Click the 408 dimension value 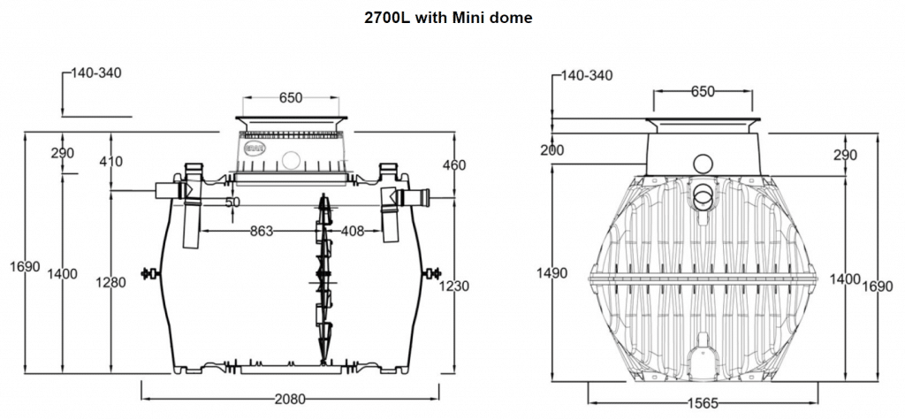click(x=353, y=231)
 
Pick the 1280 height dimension click(x=111, y=283)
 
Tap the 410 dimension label click(x=111, y=161)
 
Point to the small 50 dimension click(x=232, y=202)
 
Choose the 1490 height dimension click(x=553, y=273)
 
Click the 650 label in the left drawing click(x=290, y=98)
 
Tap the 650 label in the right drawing click(x=703, y=92)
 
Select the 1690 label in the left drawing click(x=26, y=266)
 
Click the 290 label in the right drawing click(x=846, y=156)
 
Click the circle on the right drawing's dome click(x=703, y=164)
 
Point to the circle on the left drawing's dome click(x=290, y=161)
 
